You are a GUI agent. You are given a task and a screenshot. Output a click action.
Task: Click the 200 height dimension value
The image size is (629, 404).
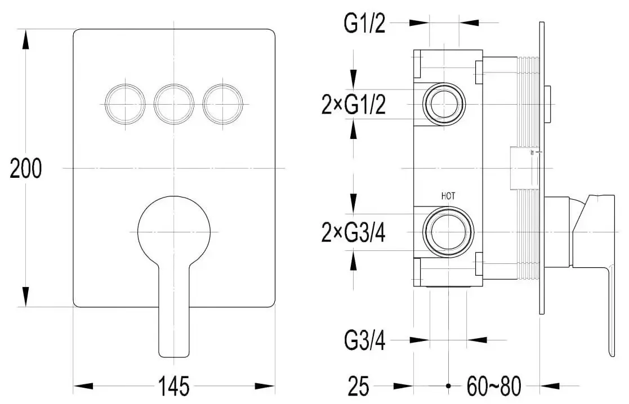click(x=26, y=168)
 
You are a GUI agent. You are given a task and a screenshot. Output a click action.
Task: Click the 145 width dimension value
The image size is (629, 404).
click(x=174, y=387)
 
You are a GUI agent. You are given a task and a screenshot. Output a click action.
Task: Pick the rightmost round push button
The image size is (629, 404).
click(x=223, y=104)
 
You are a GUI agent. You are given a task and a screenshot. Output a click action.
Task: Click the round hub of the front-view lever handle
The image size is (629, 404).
click(x=174, y=231)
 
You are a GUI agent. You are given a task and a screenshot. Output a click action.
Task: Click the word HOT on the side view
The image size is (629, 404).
click(x=448, y=196)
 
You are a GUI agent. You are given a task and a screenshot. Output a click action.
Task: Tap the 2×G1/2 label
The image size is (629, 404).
click(x=354, y=105)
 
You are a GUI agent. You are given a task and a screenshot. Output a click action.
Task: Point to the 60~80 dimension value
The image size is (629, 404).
click(x=494, y=387)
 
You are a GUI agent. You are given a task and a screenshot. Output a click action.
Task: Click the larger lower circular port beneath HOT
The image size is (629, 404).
click(x=449, y=232)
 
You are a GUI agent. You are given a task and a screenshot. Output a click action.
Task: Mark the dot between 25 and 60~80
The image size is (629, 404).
click(x=448, y=387)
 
